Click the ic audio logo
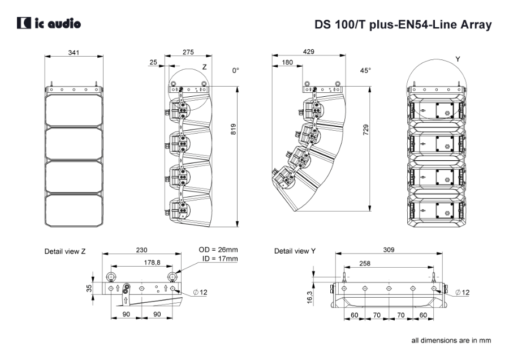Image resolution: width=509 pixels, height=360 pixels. [49, 23]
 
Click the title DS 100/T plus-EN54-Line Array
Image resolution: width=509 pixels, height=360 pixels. [403, 25]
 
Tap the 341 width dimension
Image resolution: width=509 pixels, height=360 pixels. [74, 53]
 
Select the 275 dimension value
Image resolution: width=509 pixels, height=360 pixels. [188, 52]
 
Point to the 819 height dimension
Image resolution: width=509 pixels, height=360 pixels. [234, 129]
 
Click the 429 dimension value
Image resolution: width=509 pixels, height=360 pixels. [309, 52]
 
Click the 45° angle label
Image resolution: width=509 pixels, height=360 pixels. [365, 71]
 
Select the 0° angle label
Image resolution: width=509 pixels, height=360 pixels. [236, 71]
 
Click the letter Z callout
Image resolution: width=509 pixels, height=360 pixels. [205, 67]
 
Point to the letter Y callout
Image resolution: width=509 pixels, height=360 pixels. [458, 59]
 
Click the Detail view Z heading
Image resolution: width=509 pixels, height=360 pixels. [65, 251]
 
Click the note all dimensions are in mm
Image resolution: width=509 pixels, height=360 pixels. [451, 340]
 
